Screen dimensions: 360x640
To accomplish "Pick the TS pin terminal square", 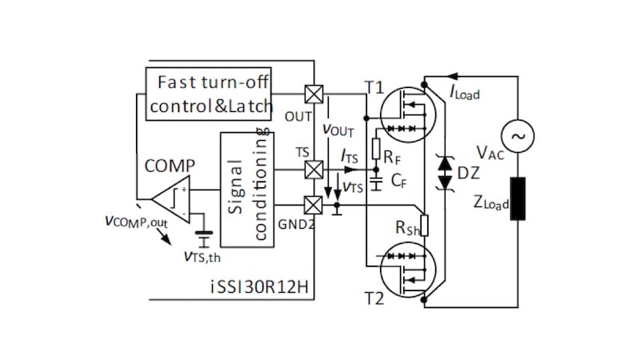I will point(315,170).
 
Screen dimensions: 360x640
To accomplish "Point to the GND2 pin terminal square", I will point(315,205).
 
